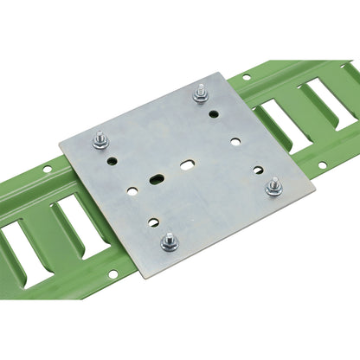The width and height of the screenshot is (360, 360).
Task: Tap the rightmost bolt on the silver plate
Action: click(275, 185)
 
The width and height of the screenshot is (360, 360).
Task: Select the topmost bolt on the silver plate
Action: click(201, 91)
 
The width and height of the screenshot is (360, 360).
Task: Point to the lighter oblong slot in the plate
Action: click(188, 162)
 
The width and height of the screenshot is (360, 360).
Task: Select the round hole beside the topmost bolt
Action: click(214, 112)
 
